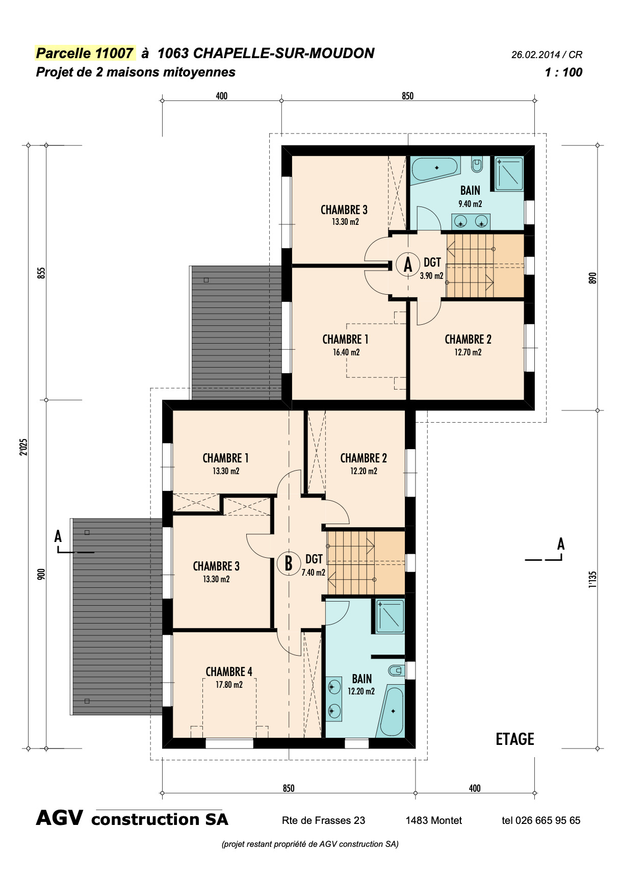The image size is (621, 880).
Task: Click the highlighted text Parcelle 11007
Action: click(x=85, y=54)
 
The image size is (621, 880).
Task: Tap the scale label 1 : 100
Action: click(x=563, y=72)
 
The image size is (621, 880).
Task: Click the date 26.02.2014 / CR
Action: click(x=547, y=55)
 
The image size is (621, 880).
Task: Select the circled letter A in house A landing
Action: click(x=408, y=265)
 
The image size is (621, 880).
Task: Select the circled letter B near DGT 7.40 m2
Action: click(x=289, y=564)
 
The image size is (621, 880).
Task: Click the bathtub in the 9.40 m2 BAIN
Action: click(x=435, y=168)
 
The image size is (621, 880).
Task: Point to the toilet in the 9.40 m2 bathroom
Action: click(x=477, y=165)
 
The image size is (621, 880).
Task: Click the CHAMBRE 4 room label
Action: click(x=229, y=672)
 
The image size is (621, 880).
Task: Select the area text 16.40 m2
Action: click(x=346, y=352)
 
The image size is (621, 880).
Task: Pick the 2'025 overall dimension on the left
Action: click(x=23, y=447)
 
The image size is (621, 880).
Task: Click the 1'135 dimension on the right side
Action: click(x=592, y=580)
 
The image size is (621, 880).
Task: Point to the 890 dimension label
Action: click(x=592, y=278)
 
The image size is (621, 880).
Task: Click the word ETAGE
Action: click(x=515, y=739)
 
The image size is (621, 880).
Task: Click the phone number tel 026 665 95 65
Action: click(x=541, y=820)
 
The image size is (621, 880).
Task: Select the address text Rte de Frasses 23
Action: click(x=323, y=820)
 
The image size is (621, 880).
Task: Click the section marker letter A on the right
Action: click(x=561, y=544)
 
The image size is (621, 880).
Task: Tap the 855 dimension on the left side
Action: click(x=42, y=273)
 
